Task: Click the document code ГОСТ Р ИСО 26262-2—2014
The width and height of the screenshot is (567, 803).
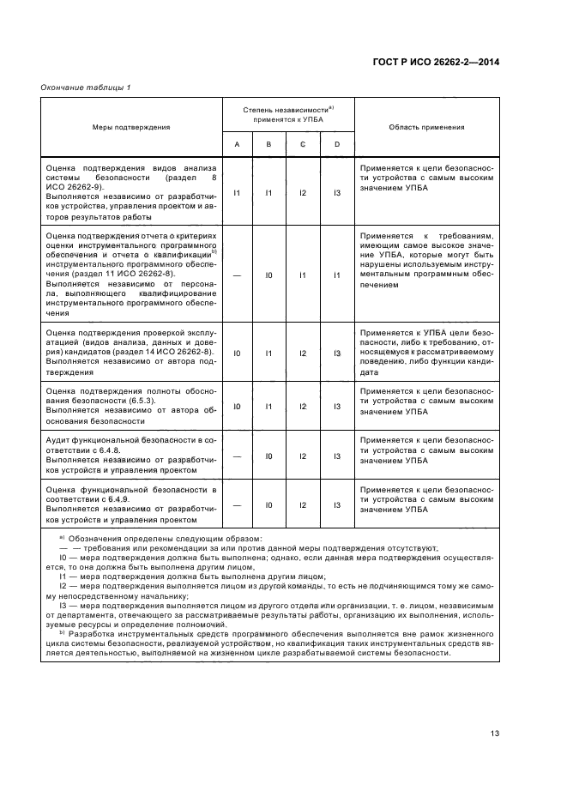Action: pos(437,63)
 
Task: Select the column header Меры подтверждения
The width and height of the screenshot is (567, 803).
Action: pos(131,127)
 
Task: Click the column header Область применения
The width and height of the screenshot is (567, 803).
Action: pos(426,127)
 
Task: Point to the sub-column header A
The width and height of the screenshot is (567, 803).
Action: pos(237,144)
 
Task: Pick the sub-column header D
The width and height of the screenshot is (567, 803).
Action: pos(337,144)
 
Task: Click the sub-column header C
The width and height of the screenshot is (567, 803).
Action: pos(303,144)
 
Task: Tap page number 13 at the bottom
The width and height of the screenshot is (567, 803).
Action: pos(494,709)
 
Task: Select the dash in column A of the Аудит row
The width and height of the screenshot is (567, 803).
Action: pos(237,456)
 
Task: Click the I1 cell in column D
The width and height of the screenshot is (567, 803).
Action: pos(337,275)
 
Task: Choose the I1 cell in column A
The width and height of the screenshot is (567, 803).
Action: pos(237,194)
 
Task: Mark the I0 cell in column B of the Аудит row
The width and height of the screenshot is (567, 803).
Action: pos(269,456)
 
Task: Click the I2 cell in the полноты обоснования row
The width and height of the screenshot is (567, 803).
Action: pos(303,406)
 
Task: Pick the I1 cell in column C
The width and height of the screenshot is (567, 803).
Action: pos(303,275)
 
